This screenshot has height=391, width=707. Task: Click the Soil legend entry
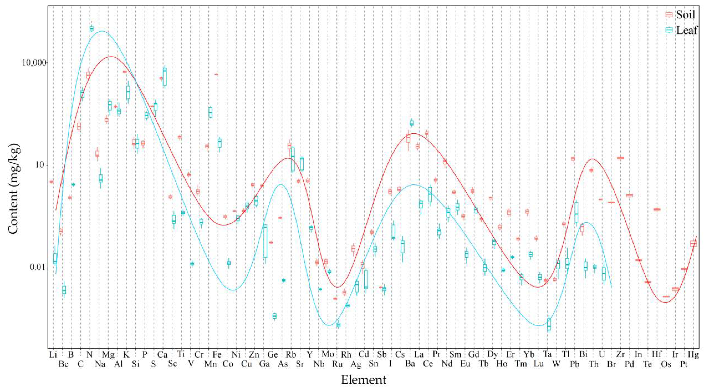click(x=680, y=15)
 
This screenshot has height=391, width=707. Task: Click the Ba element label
click(x=410, y=364)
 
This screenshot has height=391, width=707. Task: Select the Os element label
click(x=666, y=364)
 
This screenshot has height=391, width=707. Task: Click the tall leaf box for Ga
click(x=265, y=241)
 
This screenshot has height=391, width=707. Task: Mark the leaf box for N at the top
click(x=92, y=29)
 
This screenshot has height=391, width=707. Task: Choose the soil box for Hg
click(x=694, y=243)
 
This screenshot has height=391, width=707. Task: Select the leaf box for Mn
click(x=210, y=112)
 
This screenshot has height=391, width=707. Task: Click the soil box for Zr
click(x=620, y=158)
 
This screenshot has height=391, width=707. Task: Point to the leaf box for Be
click(x=64, y=290)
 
